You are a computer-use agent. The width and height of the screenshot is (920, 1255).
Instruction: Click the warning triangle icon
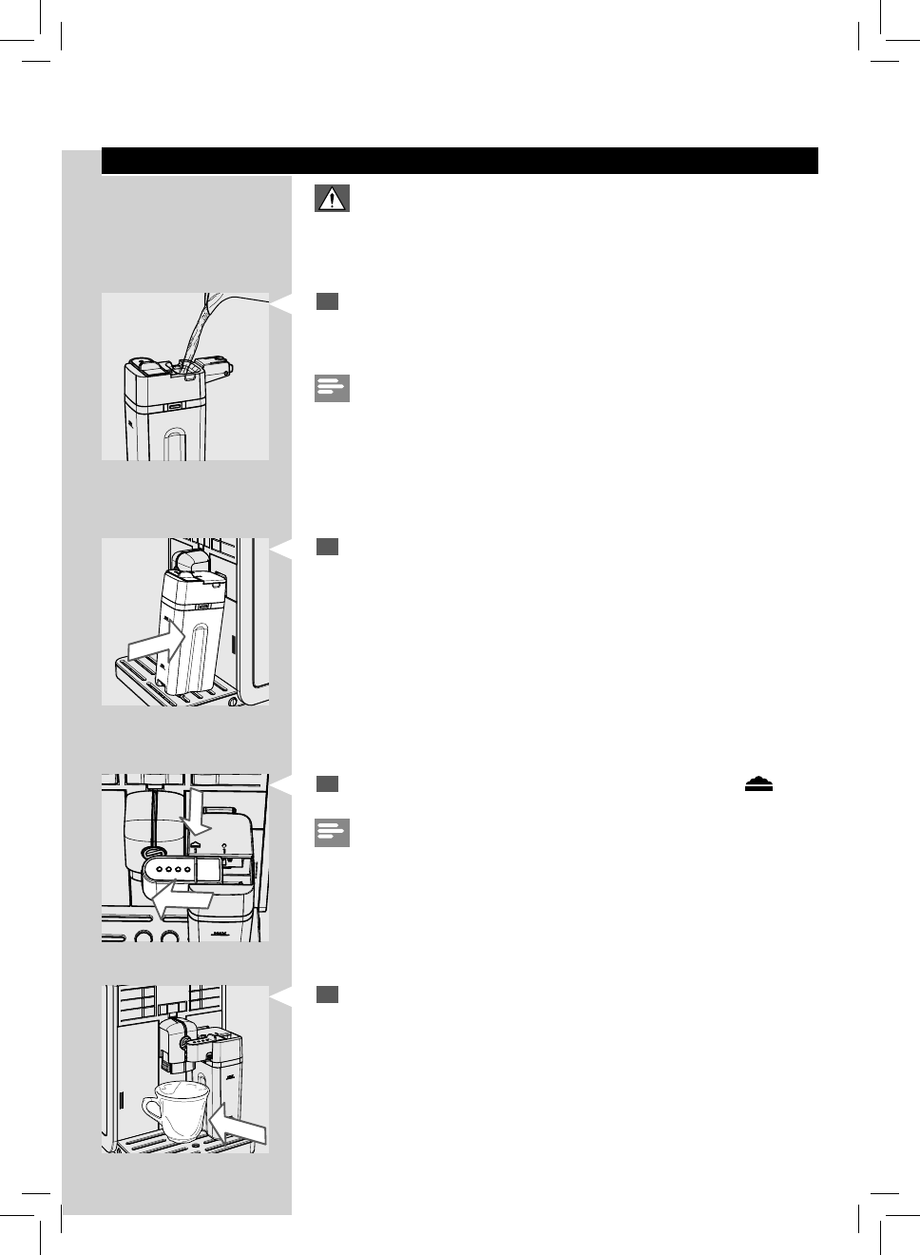[x=332, y=199]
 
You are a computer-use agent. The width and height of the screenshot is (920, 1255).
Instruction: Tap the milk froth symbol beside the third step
[x=758, y=783]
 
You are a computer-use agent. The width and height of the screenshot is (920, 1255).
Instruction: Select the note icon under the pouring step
[x=332, y=388]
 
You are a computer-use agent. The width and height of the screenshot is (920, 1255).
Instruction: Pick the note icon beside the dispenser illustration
[x=332, y=833]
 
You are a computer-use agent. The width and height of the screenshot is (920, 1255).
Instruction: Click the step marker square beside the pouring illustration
[x=327, y=301]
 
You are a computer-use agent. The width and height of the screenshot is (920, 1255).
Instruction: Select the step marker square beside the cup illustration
[x=327, y=994]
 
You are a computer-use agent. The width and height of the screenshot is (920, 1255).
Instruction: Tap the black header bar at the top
[x=459, y=161]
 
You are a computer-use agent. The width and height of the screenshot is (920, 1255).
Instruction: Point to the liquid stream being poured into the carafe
[x=201, y=328]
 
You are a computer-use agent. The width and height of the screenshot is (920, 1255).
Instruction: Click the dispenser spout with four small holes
[x=167, y=870]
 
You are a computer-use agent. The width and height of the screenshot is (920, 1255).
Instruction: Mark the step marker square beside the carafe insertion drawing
[x=327, y=547]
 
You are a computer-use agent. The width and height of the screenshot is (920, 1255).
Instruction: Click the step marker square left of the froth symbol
[x=327, y=783]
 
